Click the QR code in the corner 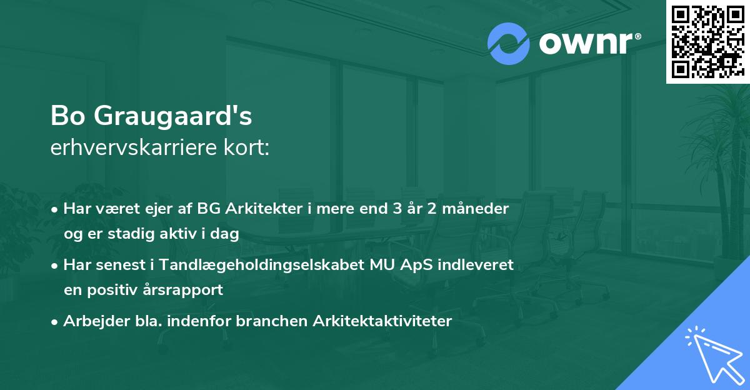coord(707,41)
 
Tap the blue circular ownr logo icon coord(508,43)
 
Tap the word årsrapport coord(185,290)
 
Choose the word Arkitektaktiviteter coord(382,321)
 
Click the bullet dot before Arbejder coord(56,322)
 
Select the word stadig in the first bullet coord(132,234)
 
